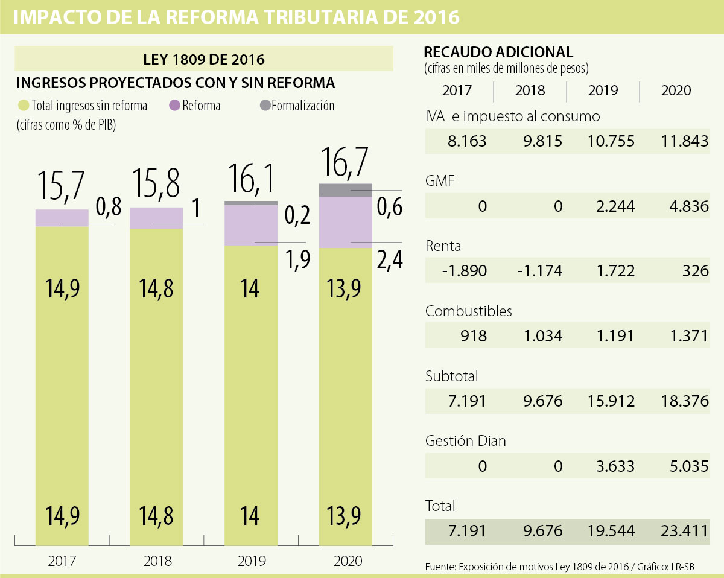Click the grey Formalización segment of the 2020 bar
click(x=345, y=189)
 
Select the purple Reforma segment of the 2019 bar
click(x=251, y=225)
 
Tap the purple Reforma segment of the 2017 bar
click(x=62, y=218)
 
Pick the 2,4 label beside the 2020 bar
click(x=389, y=260)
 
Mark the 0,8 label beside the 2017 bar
click(x=109, y=207)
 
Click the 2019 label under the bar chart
click(x=251, y=561)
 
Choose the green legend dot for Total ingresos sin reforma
click(x=24, y=106)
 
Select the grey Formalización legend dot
click(x=265, y=106)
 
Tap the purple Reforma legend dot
click(x=175, y=106)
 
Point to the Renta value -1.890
click(x=465, y=271)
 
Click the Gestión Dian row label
click(x=465, y=440)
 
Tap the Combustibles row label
click(x=468, y=311)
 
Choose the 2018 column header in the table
click(x=530, y=91)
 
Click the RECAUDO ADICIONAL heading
click(x=499, y=51)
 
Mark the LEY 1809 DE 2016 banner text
click(x=204, y=60)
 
